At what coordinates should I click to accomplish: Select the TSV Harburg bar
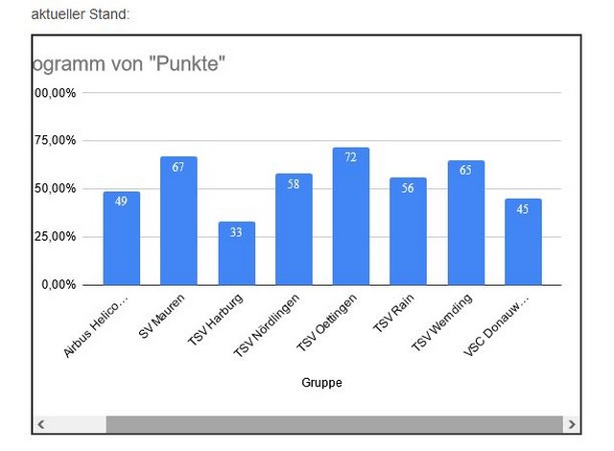click(236, 257)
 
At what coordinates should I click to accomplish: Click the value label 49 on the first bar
click(122, 202)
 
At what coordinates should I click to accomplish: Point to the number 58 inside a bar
click(294, 183)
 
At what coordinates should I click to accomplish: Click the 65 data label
click(465, 170)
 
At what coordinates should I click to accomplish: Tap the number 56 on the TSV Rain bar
click(409, 188)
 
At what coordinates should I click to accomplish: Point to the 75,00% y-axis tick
click(56, 141)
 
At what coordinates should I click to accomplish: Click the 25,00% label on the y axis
click(56, 237)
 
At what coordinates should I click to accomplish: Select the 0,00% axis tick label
click(58, 285)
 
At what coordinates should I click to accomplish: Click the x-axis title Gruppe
click(321, 383)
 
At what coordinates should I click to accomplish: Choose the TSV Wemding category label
click(442, 322)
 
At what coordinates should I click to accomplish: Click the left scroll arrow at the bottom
click(41, 423)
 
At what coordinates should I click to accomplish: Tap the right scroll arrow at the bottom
click(572, 423)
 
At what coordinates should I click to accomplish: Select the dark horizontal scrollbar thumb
click(332, 423)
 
